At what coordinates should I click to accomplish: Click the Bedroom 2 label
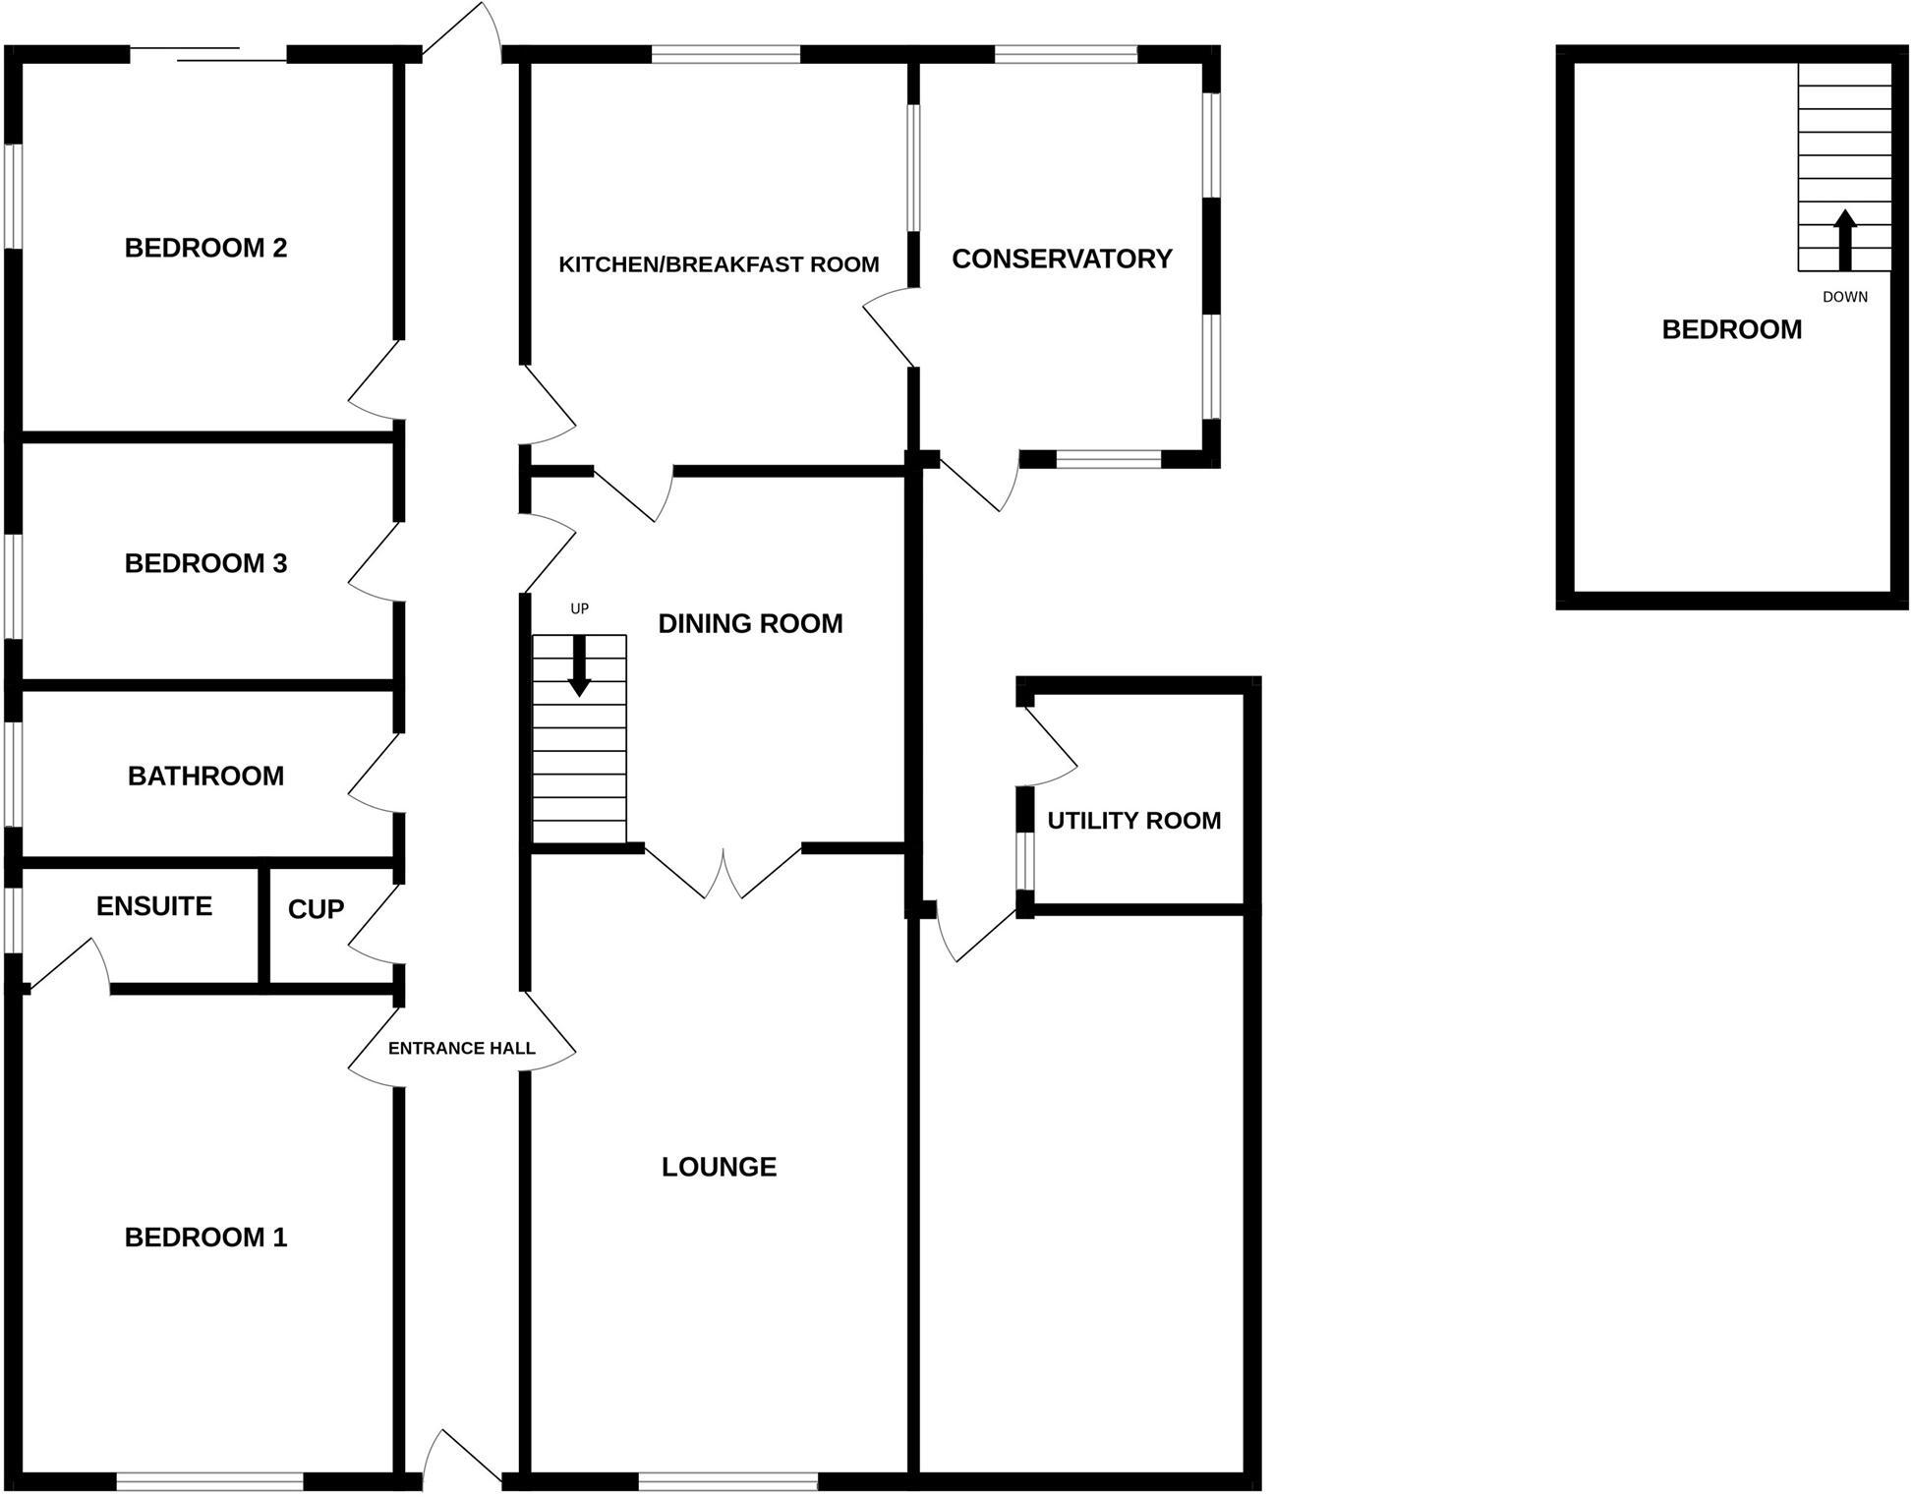pyautogui.click(x=205, y=248)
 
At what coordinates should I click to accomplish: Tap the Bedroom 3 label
pyautogui.click(x=205, y=563)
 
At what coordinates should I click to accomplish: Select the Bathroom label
pyautogui.click(x=205, y=776)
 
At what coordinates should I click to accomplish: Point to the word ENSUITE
pyautogui.click(x=154, y=905)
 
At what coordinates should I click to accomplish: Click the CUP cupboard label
pyautogui.click(x=316, y=909)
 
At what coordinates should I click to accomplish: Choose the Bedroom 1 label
pyautogui.click(x=205, y=1237)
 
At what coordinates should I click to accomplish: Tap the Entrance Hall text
pyautogui.click(x=461, y=1048)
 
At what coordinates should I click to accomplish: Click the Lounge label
pyautogui.click(x=719, y=1167)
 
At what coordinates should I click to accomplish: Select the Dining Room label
pyautogui.click(x=750, y=623)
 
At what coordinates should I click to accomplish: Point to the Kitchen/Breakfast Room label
pyautogui.click(x=719, y=264)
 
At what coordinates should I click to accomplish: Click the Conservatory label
pyautogui.click(x=1062, y=259)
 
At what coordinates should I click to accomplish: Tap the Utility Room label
pyautogui.click(x=1133, y=820)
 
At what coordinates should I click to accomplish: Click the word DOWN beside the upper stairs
pyautogui.click(x=1844, y=297)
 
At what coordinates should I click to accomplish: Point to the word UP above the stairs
pyautogui.click(x=579, y=608)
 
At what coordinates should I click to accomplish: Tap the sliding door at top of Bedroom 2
pyautogui.click(x=208, y=54)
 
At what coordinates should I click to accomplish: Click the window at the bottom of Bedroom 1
pyautogui.click(x=209, y=1480)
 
